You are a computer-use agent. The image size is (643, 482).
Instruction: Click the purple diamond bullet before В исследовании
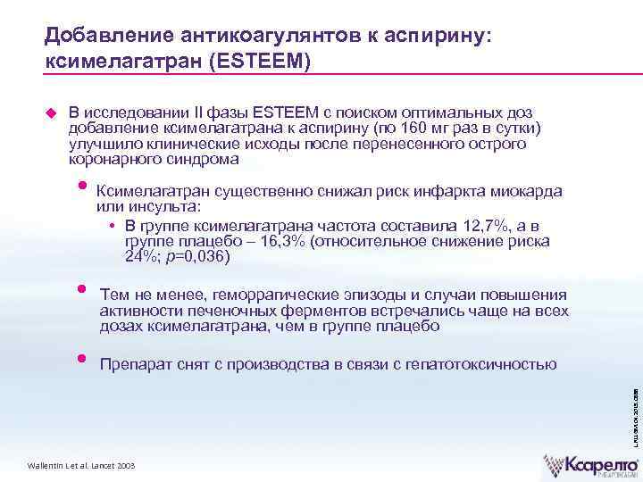(x=51, y=112)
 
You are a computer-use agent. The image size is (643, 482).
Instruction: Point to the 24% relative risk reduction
(x=139, y=257)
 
